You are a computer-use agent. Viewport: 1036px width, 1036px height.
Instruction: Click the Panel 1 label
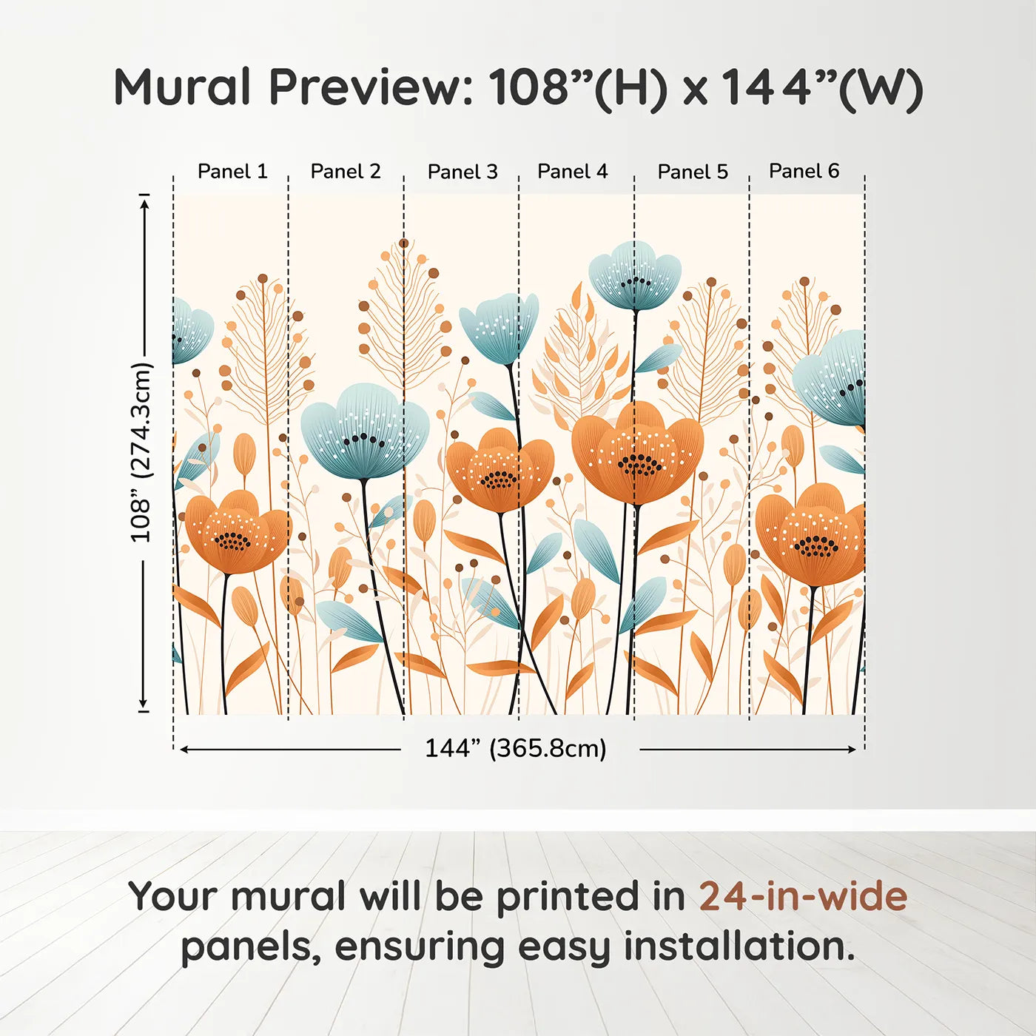(232, 172)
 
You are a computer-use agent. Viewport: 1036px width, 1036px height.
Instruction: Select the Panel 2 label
(345, 172)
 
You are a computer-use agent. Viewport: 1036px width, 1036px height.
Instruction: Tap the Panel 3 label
(462, 172)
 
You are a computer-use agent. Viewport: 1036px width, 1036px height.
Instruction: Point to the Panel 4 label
(572, 172)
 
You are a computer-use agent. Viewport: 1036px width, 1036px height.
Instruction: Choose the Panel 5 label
(693, 172)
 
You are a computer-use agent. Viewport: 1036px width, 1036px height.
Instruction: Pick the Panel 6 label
(804, 172)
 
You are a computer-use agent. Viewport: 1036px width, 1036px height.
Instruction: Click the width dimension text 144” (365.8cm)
(515, 748)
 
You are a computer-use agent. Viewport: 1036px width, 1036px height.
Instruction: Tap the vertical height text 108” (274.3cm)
(141, 452)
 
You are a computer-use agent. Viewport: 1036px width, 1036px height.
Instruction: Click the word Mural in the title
(182, 87)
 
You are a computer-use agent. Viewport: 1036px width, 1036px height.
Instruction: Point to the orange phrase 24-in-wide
(802, 896)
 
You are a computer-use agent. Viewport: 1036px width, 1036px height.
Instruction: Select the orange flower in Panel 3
(499, 471)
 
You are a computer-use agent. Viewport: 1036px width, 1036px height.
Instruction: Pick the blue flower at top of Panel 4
(635, 275)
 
